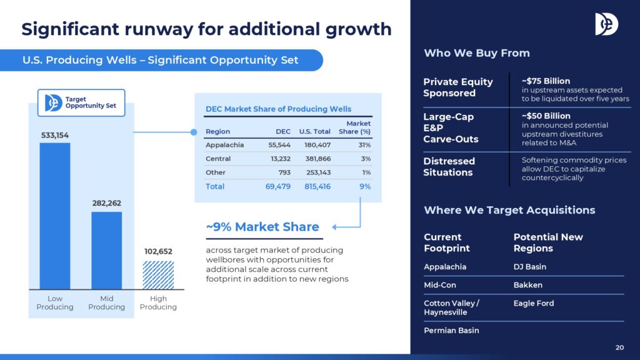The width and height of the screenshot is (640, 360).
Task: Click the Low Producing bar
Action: click(55, 216)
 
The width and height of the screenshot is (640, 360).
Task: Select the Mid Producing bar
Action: click(106, 251)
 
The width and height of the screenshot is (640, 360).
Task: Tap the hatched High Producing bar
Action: click(158, 275)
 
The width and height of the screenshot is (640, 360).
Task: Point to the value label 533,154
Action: click(55, 135)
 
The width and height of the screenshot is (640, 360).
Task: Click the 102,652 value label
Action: click(158, 251)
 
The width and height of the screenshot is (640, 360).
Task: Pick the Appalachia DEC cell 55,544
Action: click(279, 145)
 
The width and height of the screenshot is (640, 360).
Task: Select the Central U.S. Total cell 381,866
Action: click(318, 159)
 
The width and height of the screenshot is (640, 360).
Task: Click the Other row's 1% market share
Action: click(366, 172)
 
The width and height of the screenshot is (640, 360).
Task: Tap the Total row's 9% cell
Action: click(365, 186)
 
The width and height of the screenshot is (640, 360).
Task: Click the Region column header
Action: click(217, 131)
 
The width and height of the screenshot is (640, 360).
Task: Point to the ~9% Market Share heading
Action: click(262, 226)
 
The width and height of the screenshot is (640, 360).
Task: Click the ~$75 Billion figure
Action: click(546, 81)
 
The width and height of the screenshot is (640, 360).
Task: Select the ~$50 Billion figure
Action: click(546, 116)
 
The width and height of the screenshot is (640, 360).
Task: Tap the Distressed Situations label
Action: click(449, 166)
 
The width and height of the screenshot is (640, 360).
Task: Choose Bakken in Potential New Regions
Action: click(527, 285)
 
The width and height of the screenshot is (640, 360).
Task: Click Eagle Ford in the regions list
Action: click(534, 303)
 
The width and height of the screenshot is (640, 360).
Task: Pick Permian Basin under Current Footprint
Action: click(451, 330)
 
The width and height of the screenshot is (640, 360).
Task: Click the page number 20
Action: click(619, 347)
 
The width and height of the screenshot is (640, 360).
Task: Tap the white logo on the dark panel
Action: click(606, 24)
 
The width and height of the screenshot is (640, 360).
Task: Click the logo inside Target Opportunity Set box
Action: click(53, 103)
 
